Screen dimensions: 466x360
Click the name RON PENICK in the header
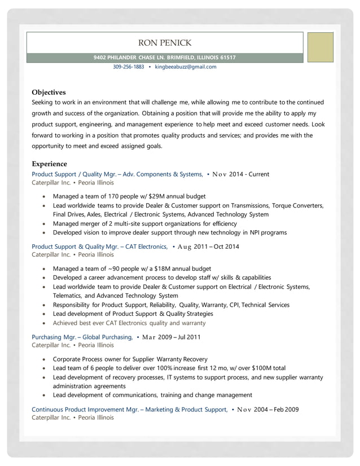[x=164, y=43]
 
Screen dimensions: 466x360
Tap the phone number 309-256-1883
[x=128, y=67]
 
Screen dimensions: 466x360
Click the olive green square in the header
[x=320, y=47]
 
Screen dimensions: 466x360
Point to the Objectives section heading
[x=49, y=92]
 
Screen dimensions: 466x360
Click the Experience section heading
[x=49, y=164]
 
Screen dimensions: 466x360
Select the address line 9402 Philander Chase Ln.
[x=164, y=58]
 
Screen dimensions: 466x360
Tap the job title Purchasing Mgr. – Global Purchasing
[x=82, y=337]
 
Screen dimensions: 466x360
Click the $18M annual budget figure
[x=173, y=269]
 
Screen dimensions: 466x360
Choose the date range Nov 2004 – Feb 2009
[x=267, y=409]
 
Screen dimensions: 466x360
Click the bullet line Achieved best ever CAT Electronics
[x=129, y=323]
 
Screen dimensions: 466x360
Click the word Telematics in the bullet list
[x=67, y=296]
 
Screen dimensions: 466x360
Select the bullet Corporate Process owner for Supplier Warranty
[x=130, y=359]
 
